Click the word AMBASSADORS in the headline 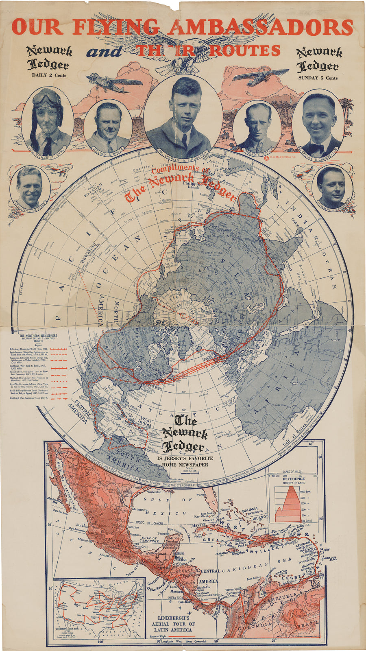point(260,27)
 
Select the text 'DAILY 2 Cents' point(49,75)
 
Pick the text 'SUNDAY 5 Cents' point(318,78)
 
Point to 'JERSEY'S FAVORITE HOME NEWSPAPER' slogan point(185,462)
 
